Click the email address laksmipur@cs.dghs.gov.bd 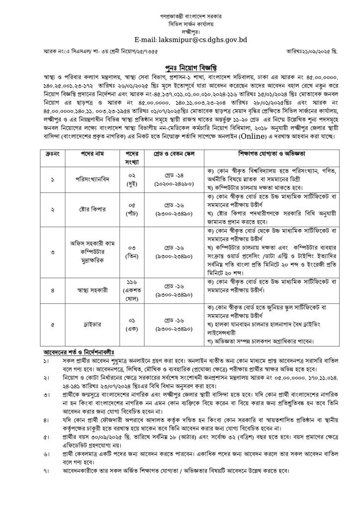180,39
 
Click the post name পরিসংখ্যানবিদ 88,177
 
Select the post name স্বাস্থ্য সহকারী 88,288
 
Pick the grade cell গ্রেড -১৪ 169,173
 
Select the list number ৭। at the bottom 46,470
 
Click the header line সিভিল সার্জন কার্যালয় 180,23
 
